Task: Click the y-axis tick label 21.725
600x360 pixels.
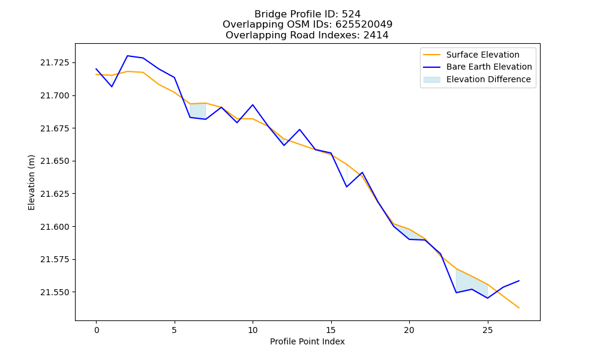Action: coord(56,62)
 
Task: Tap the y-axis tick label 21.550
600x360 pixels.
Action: coord(56,292)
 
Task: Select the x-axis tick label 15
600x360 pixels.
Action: coord(331,330)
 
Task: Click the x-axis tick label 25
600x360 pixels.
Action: coord(487,330)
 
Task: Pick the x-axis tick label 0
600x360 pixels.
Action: coord(97,330)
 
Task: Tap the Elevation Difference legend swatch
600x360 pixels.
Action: coord(431,80)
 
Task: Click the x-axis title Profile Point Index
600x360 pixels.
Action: coord(307,341)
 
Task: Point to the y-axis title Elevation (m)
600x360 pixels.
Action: coord(31,182)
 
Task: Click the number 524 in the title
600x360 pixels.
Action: coord(351,14)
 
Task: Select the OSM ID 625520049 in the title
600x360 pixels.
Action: coord(364,25)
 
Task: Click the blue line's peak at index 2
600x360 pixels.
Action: coord(127,56)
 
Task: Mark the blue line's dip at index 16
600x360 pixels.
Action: coord(347,187)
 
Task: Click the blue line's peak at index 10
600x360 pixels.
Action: coord(253,105)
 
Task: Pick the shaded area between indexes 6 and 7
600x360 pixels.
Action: coord(198,111)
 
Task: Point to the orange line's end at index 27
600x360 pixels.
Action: coord(519,308)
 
